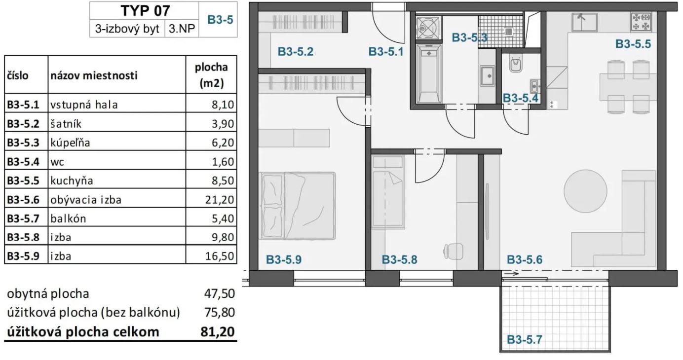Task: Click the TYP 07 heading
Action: point(145,11)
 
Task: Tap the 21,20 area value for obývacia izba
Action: point(220,200)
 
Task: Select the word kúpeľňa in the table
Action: point(70,143)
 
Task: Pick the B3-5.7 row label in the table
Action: point(23,218)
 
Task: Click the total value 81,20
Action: point(218,332)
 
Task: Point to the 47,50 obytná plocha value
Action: point(220,293)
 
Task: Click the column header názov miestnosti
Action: point(94,75)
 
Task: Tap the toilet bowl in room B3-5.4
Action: point(516,64)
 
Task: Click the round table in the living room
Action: point(585,191)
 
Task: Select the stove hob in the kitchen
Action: point(641,22)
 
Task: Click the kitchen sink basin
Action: point(584,22)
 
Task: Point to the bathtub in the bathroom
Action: point(429,73)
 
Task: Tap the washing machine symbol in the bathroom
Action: point(429,28)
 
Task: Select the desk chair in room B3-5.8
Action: point(454,252)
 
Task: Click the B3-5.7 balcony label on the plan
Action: point(525,339)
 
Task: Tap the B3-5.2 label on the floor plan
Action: point(296,51)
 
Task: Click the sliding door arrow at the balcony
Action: point(511,274)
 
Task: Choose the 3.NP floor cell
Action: point(182,29)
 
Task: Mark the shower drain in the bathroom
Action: point(508,32)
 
